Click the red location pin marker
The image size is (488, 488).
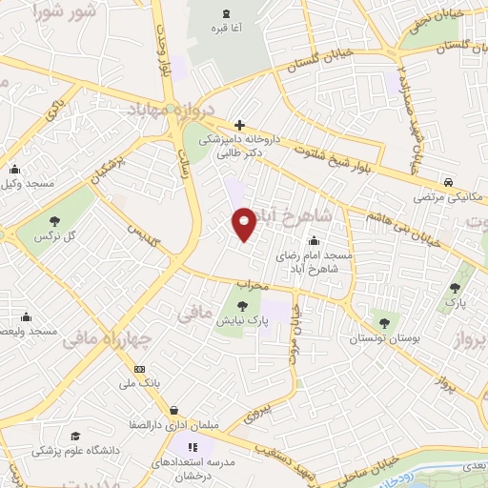pyautogui.click(x=245, y=222)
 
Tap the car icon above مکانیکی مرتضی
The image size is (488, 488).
pyautogui.click(x=447, y=181)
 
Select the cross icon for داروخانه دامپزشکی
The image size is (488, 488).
pyautogui.click(x=239, y=124)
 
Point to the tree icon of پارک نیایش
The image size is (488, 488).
pyautogui.click(x=242, y=307)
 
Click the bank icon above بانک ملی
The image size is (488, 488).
pyautogui.click(x=140, y=369)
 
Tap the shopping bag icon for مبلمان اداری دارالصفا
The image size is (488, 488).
pyautogui.click(x=173, y=412)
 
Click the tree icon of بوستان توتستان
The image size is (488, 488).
pyautogui.click(x=385, y=323)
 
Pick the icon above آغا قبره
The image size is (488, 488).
pyautogui.click(x=226, y=13)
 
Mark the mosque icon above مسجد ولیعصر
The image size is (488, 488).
pyautogui.click(x=26, y=317)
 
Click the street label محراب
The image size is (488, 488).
pyautogui.click(x=255, y=284)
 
